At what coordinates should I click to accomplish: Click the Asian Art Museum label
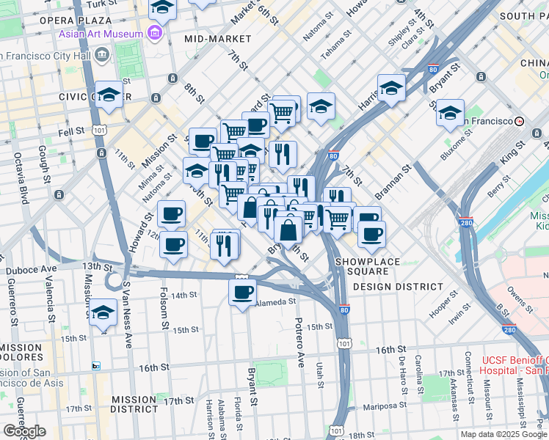[101, 34]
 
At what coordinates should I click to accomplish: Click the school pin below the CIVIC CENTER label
[109, 95]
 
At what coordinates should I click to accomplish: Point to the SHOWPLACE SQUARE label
[368, 262]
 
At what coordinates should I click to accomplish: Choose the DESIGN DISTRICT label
[397, 287]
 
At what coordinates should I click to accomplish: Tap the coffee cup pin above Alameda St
[242, 293]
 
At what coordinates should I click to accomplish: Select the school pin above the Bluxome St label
[450, 114]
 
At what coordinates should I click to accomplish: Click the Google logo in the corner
[23, 431]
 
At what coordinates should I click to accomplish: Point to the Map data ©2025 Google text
[503, 434]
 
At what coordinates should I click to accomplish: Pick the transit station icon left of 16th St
[95, 366]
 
